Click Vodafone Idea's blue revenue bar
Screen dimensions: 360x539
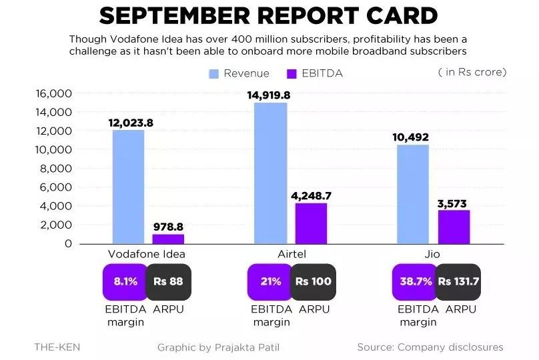point(128,187)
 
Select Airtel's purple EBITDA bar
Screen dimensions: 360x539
point(311,223)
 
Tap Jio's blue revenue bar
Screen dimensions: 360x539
point(414,194)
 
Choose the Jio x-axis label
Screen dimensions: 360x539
point(434,254)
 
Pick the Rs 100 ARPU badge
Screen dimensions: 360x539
point(314,281)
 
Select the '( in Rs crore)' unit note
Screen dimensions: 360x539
point(472,72)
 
